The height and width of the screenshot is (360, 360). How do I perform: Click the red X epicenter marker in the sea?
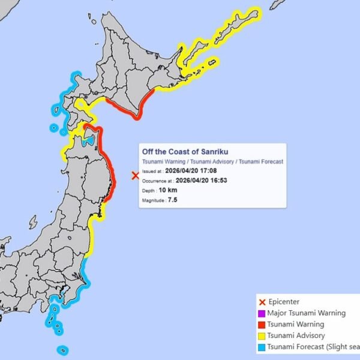(135, 176)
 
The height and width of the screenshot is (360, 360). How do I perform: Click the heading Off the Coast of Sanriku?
(185, 152)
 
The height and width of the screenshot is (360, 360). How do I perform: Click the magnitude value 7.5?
(173, 199)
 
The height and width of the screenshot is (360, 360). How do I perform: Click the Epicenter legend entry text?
(283, 302)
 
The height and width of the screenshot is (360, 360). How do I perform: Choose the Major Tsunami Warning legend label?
(306, 313)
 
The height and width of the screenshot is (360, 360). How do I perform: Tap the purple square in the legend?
(261, 313)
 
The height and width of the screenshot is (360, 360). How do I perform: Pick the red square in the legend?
(261, 325)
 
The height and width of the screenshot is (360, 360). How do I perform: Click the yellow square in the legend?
(261, 336)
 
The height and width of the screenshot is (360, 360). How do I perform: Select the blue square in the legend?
(261, 347)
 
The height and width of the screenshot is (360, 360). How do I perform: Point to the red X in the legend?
(261, 302)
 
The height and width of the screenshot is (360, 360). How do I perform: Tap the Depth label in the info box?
(150, 190)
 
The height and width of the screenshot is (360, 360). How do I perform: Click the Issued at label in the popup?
(152, 171)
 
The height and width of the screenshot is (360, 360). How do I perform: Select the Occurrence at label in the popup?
(158, 181)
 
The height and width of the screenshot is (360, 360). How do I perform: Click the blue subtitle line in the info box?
(212, 162)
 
